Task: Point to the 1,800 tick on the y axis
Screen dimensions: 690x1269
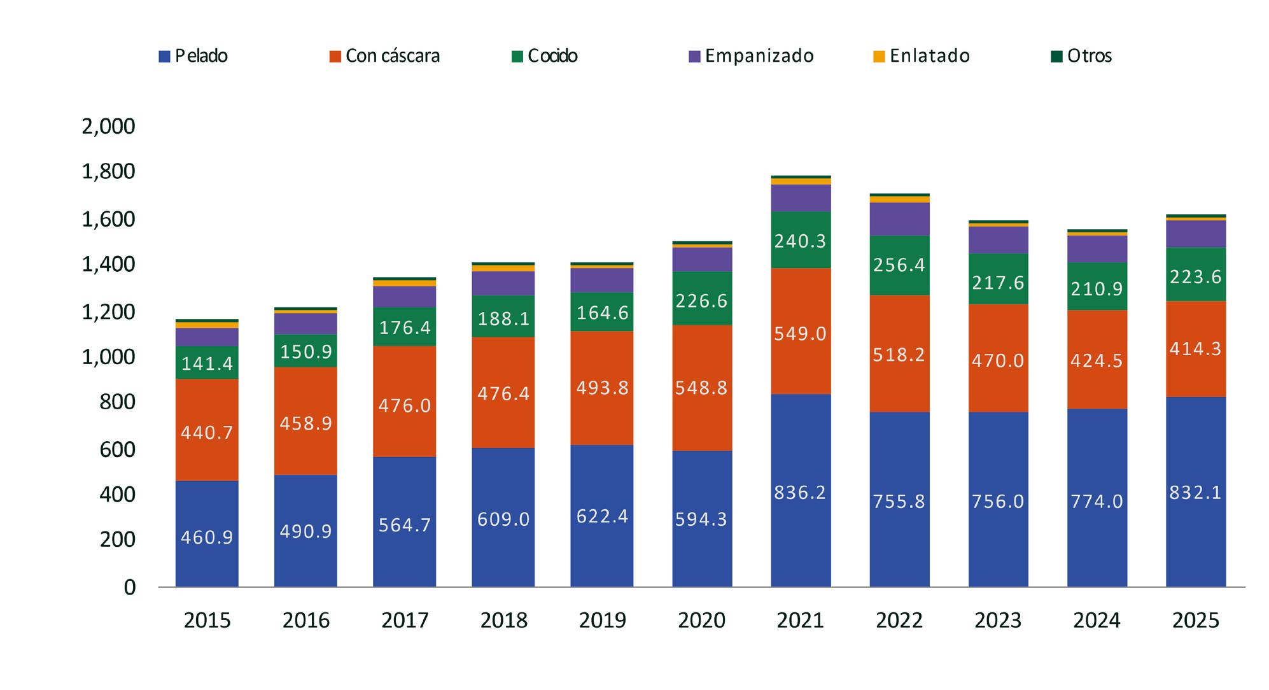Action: [109, 172]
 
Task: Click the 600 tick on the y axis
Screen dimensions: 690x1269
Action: [117, 449]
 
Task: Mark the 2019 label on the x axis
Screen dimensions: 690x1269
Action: [602, 620]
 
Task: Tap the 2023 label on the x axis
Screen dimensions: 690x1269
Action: [998, 620]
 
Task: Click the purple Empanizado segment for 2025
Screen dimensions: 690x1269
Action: [1196, 234]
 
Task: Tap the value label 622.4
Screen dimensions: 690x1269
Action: [602, 516]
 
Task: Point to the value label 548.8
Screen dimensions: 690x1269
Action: [701, 388]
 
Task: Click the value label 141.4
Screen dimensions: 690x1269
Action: [207, 363]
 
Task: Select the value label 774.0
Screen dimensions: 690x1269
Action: [1097, 502]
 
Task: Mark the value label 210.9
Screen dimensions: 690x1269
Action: [1097, 289]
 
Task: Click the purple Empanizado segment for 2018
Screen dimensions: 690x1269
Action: [503, 283]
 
